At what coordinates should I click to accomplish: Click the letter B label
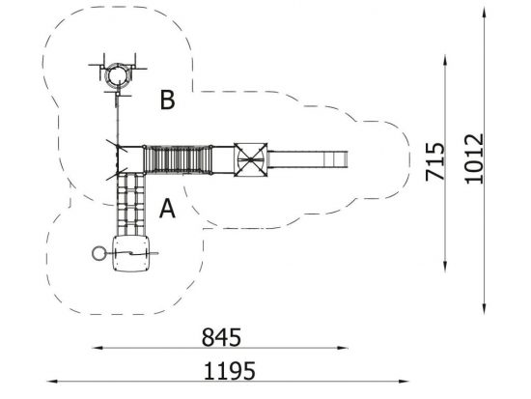pyautogui.click(x=167, y=100)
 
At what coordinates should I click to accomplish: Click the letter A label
pyautogui.click(x=167, y=208)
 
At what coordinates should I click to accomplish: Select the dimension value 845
pyautogui.click(x=221, y=337)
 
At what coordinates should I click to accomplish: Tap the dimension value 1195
pyautogui.click(x=229, y=371)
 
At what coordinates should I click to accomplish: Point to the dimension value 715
pyautogui.click(x=434, y=161)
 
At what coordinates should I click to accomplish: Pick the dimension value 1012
pyautogui.click(x=474, y=159)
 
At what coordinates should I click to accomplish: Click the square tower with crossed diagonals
pyautogui.click(x=251, y=159)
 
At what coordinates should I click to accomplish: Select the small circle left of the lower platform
pyautogui.click(x=98, y=253)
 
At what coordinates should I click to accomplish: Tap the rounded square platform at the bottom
pyautogui.click(x=131, y=253)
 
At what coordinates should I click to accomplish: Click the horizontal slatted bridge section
pyautogui.click(x=178, y=159)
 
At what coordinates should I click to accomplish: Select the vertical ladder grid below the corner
pyautogui.click(x=130, y=204)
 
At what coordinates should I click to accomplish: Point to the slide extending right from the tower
pyautogui.click(x=307, y=159)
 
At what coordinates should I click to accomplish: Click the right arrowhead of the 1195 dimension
pyautogui.click(x=404, y=382)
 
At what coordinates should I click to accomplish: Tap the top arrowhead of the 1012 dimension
pyautogui.click(x=485, y=12)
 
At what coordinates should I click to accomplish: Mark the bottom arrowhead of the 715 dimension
pyautogui.click(x=445, y=267)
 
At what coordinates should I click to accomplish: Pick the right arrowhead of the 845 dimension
pyautogui.click(x=343, y=348)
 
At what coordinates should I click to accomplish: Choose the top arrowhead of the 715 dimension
pyautogui.click(x=445, y=60)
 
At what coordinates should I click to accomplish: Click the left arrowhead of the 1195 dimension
pyautogui.click(x=52, y=382)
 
